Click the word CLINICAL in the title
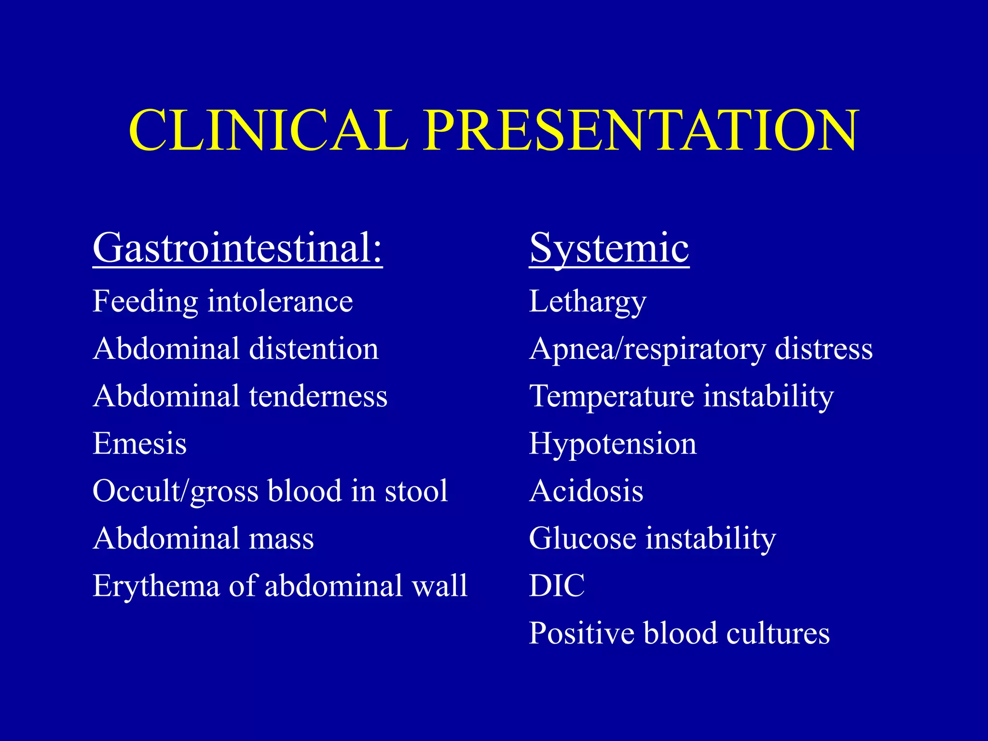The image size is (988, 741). (268, 131)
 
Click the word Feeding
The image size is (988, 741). (145, 302)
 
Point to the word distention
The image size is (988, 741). (314, 349)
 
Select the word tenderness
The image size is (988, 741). (318, 396)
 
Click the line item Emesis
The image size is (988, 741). (139, 443)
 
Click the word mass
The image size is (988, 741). (281, 538)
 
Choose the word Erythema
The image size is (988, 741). (156, 586)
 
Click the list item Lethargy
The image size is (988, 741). (587, 302)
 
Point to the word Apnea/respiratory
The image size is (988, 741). (647, 349)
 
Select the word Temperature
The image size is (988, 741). (611, 396)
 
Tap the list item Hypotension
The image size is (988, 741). (613, 443)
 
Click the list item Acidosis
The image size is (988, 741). (586, 491)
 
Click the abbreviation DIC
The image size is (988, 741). (557, 586)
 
